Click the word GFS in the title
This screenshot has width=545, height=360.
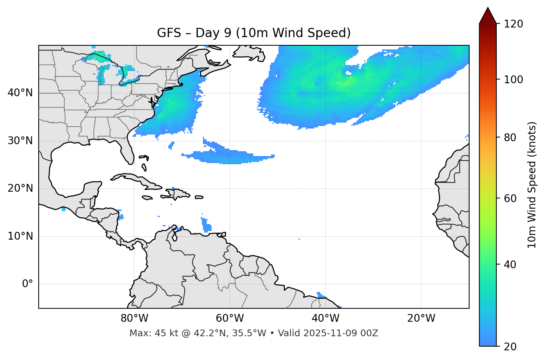[168, 33]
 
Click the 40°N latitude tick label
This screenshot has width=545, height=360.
[20, 93]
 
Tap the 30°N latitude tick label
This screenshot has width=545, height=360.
[20, 141]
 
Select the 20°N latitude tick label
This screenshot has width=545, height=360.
[20, 188]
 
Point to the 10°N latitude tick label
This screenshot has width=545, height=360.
[20, 236]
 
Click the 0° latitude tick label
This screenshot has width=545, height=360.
[28, 284]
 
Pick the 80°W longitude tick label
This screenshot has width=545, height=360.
[134, 318]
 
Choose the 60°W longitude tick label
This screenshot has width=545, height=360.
[230, 318]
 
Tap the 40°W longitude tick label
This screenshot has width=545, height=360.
[325, 318]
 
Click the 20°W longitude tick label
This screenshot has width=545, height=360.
[421, 318]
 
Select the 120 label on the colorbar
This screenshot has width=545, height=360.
[513, 24]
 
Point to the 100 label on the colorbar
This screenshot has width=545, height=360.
[513, 80]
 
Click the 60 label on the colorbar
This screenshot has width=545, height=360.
[510, 198]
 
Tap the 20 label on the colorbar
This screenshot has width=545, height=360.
[510, 347]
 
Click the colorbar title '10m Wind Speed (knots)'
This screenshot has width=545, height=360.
[532, 185]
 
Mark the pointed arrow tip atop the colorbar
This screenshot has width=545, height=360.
[488, 8]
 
